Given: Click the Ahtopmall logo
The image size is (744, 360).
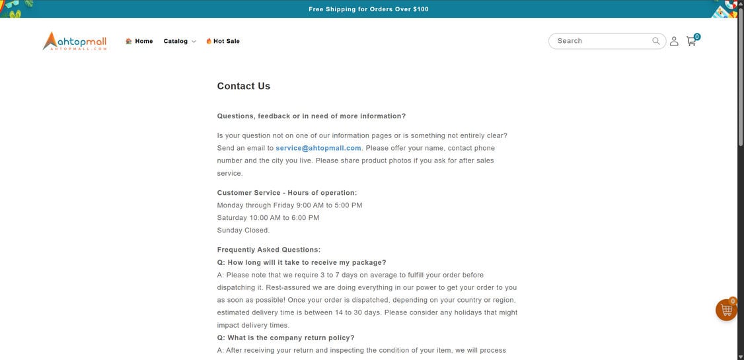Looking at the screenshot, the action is click(75, 41).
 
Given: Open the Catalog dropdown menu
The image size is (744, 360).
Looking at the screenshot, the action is click(179, 41).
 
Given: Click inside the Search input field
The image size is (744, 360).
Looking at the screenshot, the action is click(601, 41).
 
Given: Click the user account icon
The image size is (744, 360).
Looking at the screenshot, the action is click(674, 41).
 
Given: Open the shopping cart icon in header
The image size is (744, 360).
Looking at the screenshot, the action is click(691, 41).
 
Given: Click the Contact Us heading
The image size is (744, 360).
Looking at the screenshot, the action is click(244, 86).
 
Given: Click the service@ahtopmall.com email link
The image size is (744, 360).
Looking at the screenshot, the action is click(318, 148).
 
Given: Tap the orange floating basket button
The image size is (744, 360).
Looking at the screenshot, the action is click(726, 310).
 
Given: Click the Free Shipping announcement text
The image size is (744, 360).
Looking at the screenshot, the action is click(369, 9).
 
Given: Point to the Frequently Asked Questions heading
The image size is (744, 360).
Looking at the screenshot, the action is click(269, 250).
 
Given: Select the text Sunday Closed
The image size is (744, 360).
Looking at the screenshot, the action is click(243, 231).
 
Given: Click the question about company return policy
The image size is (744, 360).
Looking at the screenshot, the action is click(286, 338).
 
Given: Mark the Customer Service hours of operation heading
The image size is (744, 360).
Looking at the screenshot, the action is click(287, 193).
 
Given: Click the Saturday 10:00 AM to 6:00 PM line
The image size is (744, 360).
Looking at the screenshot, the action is click(268, 218).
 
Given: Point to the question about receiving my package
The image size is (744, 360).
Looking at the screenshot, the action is click(302, 262).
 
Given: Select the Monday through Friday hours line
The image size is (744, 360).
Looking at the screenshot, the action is click(289, 205).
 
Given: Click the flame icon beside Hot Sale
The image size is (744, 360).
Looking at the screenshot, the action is click(209, 41).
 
